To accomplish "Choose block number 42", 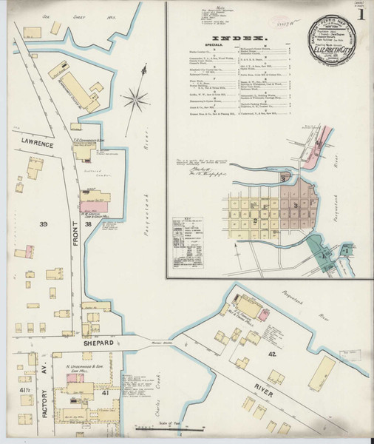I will tap(272, 355).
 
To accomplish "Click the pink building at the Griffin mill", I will tap(101, 199).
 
